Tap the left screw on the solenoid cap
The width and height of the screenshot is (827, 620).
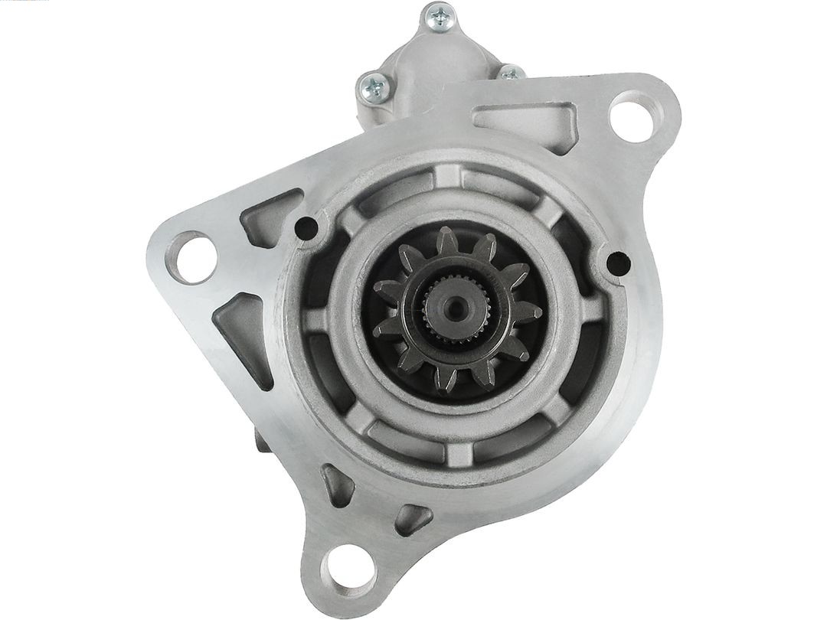click(x=374, y=87)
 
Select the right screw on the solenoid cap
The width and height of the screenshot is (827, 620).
click(x=511, y=74)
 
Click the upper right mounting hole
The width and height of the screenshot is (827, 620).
click(x=632, y=117)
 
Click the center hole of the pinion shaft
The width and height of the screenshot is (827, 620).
click(x=457, y=308)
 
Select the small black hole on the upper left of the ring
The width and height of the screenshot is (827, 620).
click(x=306, y=227)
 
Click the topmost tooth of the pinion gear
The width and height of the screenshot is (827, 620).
click(x=447, y=240)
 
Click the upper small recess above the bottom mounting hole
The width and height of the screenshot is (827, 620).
click(x=337, y=484)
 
